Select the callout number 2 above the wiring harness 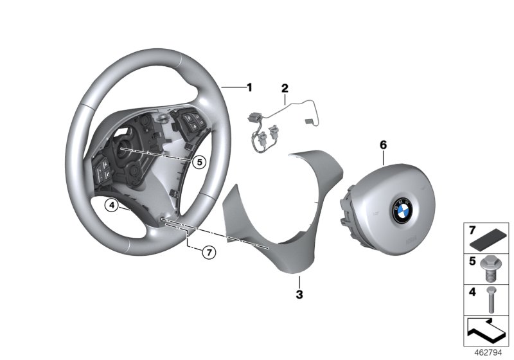pyautogui.click(x=285, y=87)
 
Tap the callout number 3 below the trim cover pyautogui.click(x=299, y=295)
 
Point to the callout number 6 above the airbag pyautogui.click(x=383, y=145)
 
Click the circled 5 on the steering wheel pyautogui.click(x=200, y=162)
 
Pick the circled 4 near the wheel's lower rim pyautogui.click(x=112, y=206)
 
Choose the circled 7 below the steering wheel pyautogui.click(x=208, y=252)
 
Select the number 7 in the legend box pyautogui.click(x=471, y=230)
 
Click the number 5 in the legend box pyautogui.click(x=471, y=262)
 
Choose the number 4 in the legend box pyautogui.click(x=471, y=292)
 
